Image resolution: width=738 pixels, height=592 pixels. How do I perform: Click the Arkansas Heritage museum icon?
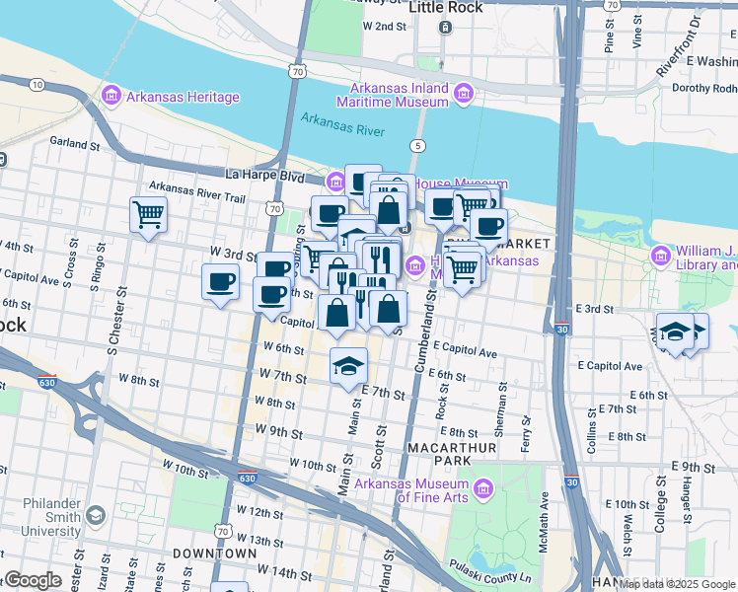(x=111, y=97)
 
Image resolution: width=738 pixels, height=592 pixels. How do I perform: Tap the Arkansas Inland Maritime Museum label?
(x=392, y=95)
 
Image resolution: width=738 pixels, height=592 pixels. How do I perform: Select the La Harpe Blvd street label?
(x=264, y=175)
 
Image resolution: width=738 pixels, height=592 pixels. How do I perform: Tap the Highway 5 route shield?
(x=419, y=146)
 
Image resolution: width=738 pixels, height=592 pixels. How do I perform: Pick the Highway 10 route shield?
(x=37, y=85)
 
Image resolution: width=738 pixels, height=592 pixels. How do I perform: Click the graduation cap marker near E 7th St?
(x=348, y=365)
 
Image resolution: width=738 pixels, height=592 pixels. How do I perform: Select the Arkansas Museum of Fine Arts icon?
(x=482, y=488)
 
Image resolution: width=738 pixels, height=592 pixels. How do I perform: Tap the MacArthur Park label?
(x=444, y=454)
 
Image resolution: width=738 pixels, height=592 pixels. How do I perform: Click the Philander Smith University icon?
(x=96, y=515)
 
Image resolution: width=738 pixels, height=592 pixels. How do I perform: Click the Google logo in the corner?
(x=32, y=580)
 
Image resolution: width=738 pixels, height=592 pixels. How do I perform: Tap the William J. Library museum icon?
(x=659, y=258)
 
